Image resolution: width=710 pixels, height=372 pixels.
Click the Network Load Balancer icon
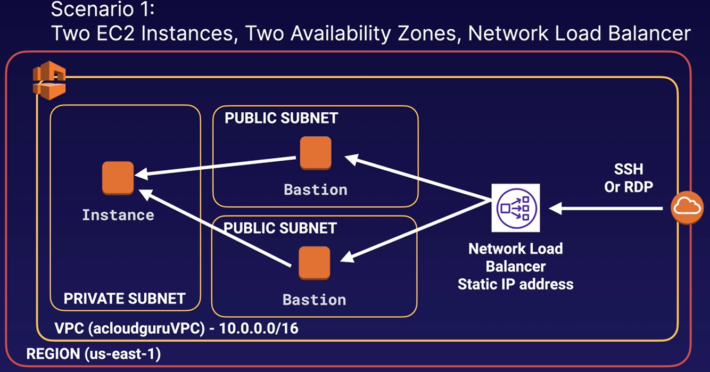pyautogui.click(x=515, y=208)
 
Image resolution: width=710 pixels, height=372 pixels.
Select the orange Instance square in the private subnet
pyautogui.click(x=118, y=178)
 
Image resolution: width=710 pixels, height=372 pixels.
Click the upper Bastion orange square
pyautogui.click(x=315, y=153)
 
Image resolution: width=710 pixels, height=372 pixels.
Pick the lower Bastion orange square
pyautogui.click(x=314, y=263)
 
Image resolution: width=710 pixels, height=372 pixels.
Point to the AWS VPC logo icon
pyautogui.click(x=49, y=81)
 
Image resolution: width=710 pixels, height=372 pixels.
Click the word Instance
pyautogui.click(x=118, y=215)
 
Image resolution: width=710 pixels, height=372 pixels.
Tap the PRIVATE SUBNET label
pyautogui.click(x=125, y=299)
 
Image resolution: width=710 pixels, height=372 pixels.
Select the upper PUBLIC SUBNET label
pyautogui.click(x=281, y=118)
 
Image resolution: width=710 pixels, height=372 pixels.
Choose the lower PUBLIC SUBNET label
pyautogui.click(x=280, y=228)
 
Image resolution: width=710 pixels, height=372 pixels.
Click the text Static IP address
pyautogui.click(x=515, y=284)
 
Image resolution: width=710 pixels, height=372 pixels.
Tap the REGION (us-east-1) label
pyautogui.click(x=94, y=353)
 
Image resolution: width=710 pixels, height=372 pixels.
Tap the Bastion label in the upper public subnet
pyautogui.click(x=316, y=190)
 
